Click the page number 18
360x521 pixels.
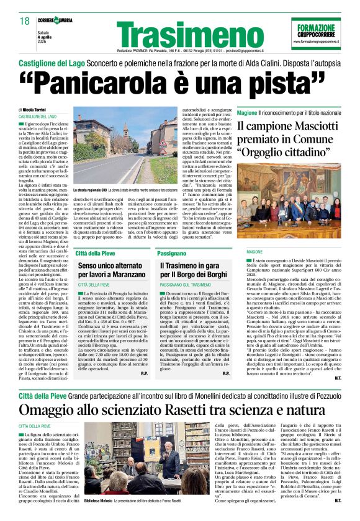25,21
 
